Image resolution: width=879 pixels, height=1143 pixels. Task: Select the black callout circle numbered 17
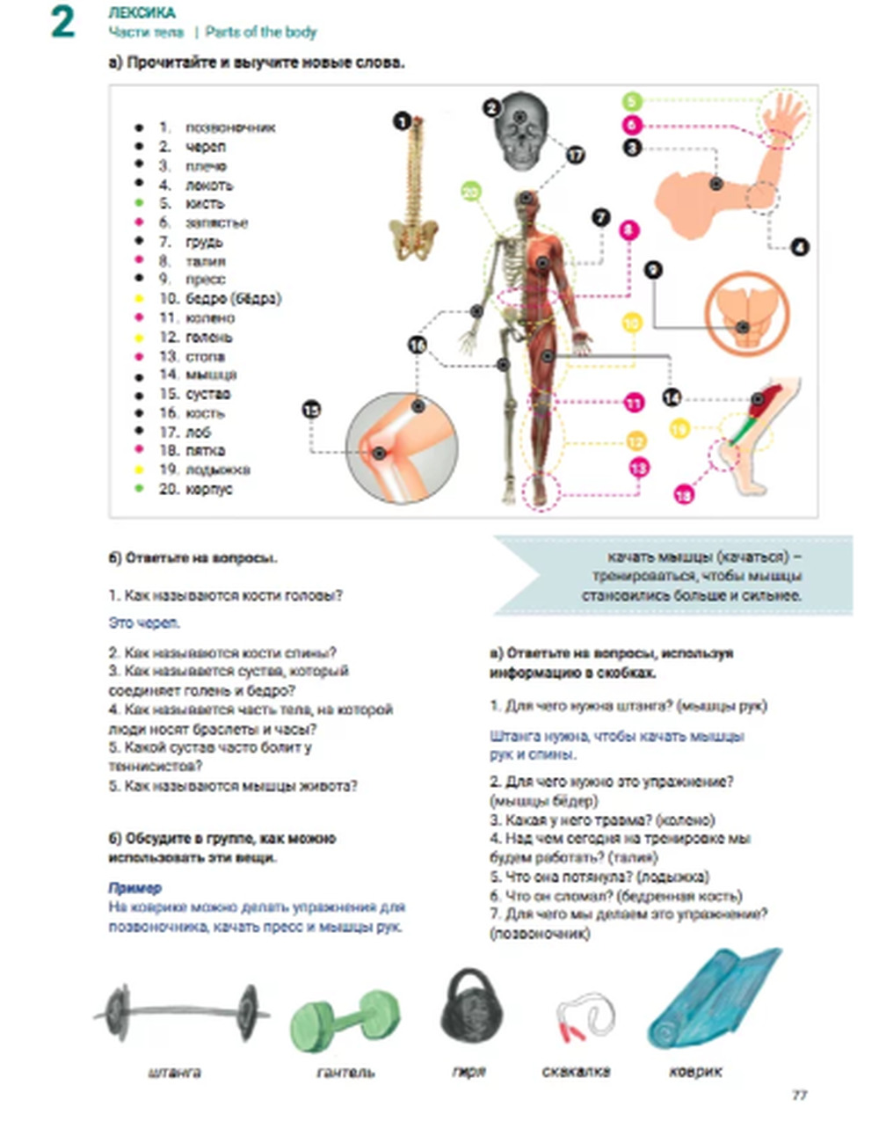pyautogui.click(x=575, y=156)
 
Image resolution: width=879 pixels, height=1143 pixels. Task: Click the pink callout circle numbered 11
pyautogui.click(x=634, y=403)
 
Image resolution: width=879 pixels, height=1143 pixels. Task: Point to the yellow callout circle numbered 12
pyautogui.click(x=636, y=441)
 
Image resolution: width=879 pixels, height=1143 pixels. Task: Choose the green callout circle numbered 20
pyautogui.click(x=471, y=192)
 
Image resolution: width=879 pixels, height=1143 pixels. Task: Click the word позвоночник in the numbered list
pyautogui.click(x=230, y=127)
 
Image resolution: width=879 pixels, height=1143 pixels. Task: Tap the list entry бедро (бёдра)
pyautogui.click(x=233, y=299)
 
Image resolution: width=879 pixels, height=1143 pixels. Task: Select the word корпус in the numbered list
pyautogui.click(x=208, y=489)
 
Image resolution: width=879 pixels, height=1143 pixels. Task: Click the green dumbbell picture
pyautogui.click(x=345, y=1020)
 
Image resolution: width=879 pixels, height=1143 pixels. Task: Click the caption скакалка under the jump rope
pyautogui.click(x=576, y=1072)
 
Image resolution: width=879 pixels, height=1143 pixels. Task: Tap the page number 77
pyautogui.click(x=799, y=1095)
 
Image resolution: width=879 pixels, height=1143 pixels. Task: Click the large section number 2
pyautogui.click(x=62, y=22)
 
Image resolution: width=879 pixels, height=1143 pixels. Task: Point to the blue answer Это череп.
pyautogui.click(x=144, y=623)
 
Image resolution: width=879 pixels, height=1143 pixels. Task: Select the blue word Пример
pyautogui.click(x=134, y=888)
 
